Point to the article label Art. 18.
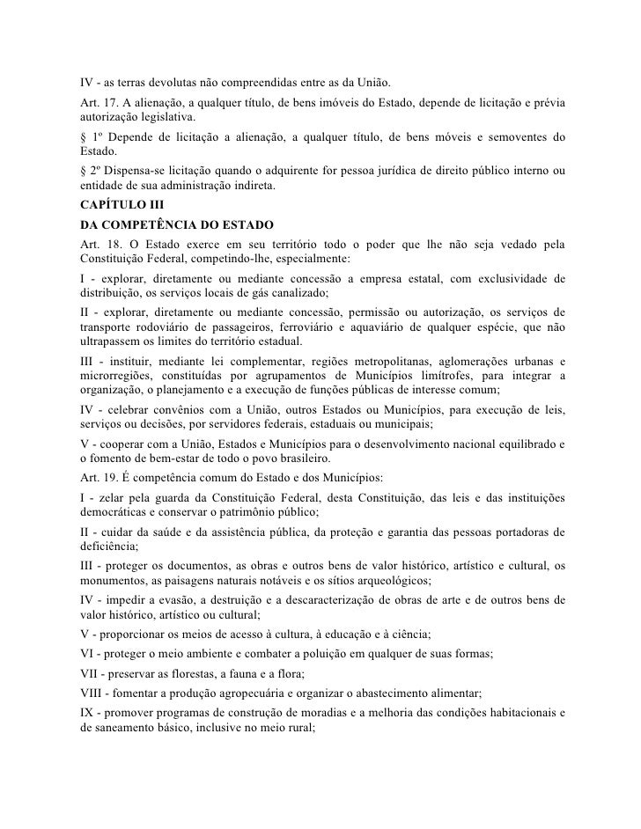coord(96,241)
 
